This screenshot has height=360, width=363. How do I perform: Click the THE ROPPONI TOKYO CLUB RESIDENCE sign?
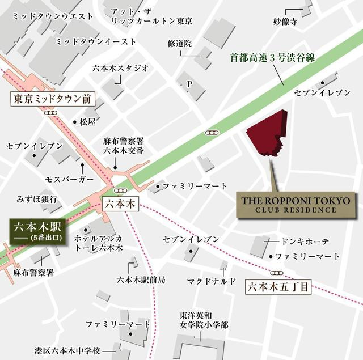tap(297, 205)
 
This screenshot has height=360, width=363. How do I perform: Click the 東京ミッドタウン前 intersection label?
tap(52, 99)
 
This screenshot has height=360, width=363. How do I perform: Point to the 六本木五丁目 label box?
tap(279, 287)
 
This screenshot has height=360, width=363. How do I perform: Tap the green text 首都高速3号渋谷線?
tap(272, 57)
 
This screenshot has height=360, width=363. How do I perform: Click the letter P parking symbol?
tap(190, 84)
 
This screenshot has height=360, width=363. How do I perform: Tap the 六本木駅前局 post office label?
tap(141, 279)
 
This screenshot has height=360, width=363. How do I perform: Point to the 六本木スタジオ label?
tap(120, 69)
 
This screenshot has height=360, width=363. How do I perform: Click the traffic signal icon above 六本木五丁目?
tap(279, 273)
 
